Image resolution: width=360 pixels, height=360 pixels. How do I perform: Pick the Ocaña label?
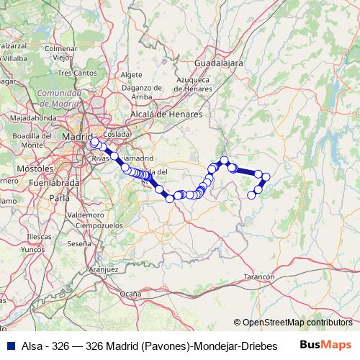tap(130, 293)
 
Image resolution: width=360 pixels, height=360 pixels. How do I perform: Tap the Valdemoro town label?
tap(85, 215)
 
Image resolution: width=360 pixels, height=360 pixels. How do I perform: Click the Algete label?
tap(132, 74)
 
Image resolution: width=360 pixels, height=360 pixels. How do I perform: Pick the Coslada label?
tap(116, 134)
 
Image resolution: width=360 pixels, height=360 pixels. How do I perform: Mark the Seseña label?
tap(78, 244)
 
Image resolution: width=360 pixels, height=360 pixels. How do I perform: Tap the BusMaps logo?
tap(325, 345)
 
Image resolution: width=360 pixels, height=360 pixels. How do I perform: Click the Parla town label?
tap(65, 197)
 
